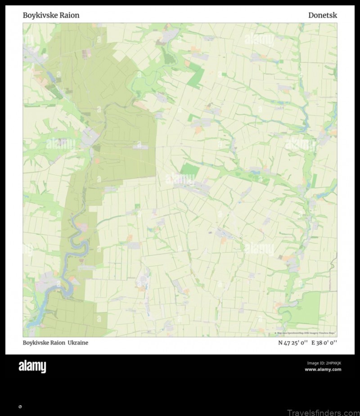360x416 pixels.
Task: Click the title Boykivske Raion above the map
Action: [x=51, y=15]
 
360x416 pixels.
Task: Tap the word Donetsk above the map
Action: [x=322, y=15]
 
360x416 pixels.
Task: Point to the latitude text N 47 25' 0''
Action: [x=293, y=343]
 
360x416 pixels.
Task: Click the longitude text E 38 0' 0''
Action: [x=324, y=343]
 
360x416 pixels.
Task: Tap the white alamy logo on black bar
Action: [x=32, y=367]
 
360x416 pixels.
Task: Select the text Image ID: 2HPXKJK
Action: [x=324, y=363]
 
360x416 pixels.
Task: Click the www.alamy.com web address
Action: [x=323, y=370]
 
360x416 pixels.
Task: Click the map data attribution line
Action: [x=306, y=333]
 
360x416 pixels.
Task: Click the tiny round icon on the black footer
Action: [x=20, y=407]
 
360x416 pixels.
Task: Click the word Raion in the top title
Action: [x=69, y=15]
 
